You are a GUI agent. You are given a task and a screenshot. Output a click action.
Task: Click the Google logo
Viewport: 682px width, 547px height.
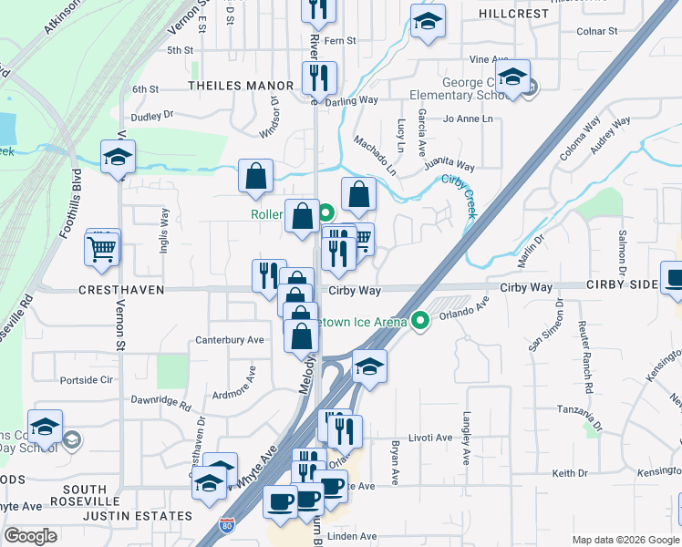(x=31, y=536)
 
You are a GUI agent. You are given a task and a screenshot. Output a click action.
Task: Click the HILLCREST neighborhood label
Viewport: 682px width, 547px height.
(x=514, y=14)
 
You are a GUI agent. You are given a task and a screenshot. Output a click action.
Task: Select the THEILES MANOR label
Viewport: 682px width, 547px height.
(x=241, y=86)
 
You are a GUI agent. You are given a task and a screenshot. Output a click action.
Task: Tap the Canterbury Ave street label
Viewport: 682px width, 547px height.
(x=229, y=340)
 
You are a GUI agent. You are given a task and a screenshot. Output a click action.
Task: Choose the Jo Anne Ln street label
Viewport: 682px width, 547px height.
(x=468, y=119)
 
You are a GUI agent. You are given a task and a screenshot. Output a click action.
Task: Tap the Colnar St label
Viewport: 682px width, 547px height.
(x=598, y=32)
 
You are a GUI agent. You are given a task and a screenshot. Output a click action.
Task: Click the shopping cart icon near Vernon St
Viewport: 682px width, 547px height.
(x=102, y=246)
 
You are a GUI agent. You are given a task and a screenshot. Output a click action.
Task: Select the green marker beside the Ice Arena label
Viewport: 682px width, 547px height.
(x=420, y=320)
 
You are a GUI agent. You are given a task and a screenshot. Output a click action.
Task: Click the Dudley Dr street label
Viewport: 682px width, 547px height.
(x=151, y=116)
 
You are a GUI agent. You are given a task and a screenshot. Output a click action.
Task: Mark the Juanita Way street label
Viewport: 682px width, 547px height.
(x=449, y=166)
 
